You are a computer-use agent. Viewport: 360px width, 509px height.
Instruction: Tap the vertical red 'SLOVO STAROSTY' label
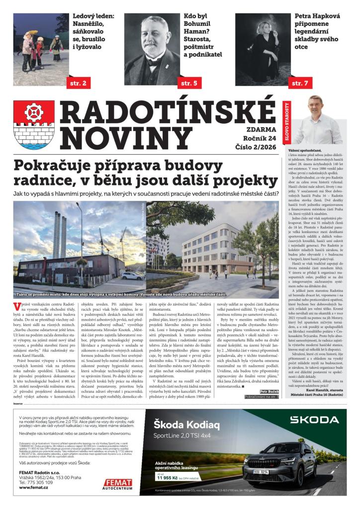point(285,123)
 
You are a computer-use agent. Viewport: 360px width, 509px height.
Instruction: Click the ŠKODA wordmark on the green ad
point(314,420)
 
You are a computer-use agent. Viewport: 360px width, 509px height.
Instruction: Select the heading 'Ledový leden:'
point(93,16)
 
